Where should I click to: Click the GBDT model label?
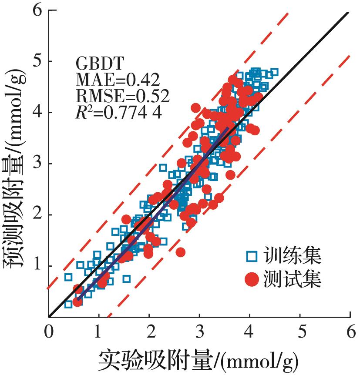click(x=94, y=64)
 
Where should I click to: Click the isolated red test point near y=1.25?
click(x=181, y=252)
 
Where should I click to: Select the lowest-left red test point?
click(x=77, y=301)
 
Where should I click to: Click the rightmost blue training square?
click(x=274, y=72)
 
